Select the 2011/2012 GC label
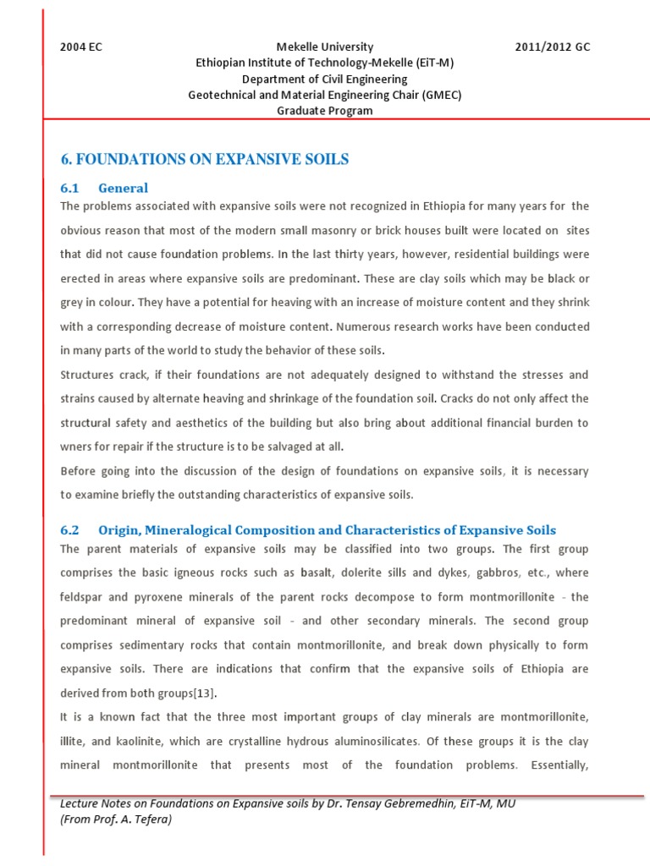[x=553, y=47]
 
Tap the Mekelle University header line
[x=325, y=47]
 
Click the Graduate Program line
[x=325, y=112]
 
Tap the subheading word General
[x=123, y=188]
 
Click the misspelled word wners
[x=77, y=446]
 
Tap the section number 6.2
[x=69, y=530]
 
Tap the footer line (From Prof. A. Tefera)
[x=116, y=819]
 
